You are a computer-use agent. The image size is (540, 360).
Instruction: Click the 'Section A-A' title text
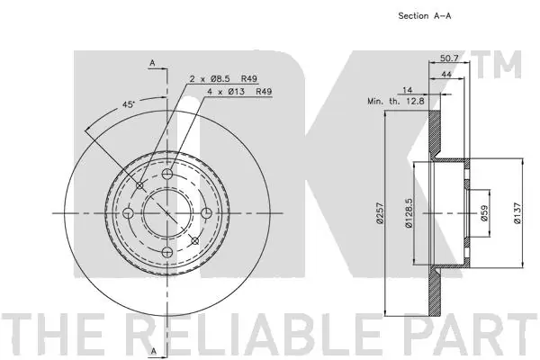pyautogui.click(x=424, y=16)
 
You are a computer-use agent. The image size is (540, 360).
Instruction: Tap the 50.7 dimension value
pyautogui.click(x=449, y=58)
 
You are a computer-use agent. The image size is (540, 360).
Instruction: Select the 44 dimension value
pyautogui.click(x=446, y=74)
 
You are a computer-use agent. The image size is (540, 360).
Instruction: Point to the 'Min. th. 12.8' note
pyautogui.click(x=396, y=102)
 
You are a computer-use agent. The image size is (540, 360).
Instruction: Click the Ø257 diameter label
pyautogui.click(x=380, y=213)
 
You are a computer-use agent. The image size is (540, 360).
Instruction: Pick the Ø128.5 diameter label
pyautogui.click(x=409, y=213)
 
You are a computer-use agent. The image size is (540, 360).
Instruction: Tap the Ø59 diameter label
pyautogui.click(x=484, y=213)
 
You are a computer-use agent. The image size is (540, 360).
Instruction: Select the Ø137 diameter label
pyautogui.click(x=517, y=213)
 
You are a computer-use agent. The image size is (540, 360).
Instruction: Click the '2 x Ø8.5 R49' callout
pyautogui.click(x=223, y=78)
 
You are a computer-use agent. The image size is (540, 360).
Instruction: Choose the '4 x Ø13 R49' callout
pyautogui.click(x=239, y=92)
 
